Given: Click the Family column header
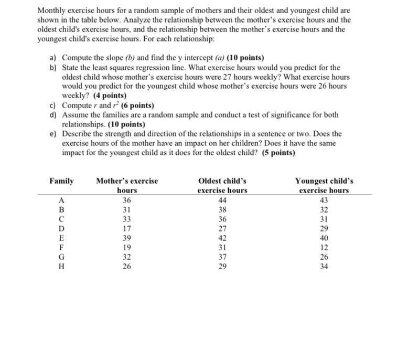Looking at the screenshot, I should pyautogui.click(x=61, y=181).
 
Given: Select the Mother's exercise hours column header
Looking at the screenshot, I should pyautogui.click(x=126, y=185).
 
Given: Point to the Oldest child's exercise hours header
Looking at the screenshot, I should pyautogui.click(x=222, y=185).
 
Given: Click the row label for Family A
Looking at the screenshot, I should pyautogui.click(x=62, y=200).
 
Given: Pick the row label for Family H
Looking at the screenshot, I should pyautogui.click(x=62, y=267).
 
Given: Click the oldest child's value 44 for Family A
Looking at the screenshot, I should pyautogui.click(x=222, y=200).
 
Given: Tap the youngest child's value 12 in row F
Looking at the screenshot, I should pyautogui.click(x=324, y=248).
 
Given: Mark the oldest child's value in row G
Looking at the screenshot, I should pyautogui.click(x=222, y=257).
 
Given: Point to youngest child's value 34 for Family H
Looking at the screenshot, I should pyautogui.click(x=324, y=267).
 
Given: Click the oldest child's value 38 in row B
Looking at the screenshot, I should pyautogui.click(x=222, y=209).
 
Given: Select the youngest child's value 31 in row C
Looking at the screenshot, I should pyautogui.click(x=324, y=219).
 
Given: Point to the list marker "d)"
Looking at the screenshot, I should pyautogui.click(x=53, y=114).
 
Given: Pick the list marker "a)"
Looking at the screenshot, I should pyautogui.click(x=53, y=57).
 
